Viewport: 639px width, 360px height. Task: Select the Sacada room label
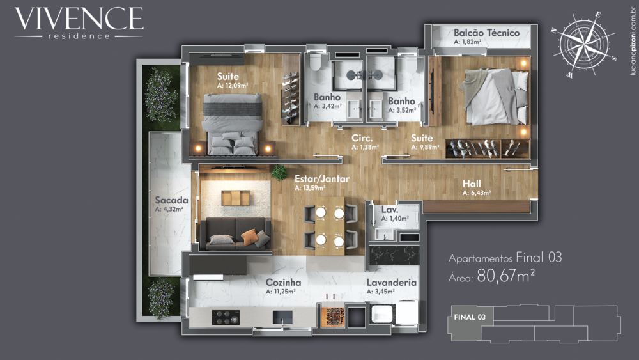(x=170, y=199)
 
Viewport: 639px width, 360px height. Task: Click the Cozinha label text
(x=283, y=282)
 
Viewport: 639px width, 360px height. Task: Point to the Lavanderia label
(x=392, y=282)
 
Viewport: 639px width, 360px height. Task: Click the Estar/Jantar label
(x=322, y=179)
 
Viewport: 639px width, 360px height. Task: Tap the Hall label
(x=472, y=183)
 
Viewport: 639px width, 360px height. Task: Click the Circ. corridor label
(x=362, y=137)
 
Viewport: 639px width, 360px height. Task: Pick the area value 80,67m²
(x=505, y=276)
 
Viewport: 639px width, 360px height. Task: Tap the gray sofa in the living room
(x=233, y=233)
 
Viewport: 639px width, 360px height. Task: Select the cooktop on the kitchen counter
(x=225, y=317)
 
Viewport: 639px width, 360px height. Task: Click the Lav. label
(x=390, y=209)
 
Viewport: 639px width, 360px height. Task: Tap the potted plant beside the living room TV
(x=278, y=171)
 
